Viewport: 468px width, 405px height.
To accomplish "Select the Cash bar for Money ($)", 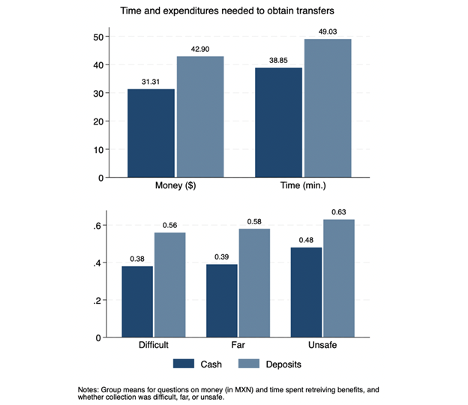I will click(151, 133).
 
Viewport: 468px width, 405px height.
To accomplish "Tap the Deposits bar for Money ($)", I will click(199, 117).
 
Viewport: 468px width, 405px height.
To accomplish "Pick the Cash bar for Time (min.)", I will click(278, 123).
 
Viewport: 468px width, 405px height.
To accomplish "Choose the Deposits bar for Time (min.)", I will click(328, 108).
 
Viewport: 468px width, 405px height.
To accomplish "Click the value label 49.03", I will click(328, 31).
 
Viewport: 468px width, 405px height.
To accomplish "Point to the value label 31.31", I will click(151, 82).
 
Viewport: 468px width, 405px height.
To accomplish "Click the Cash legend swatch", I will click(184, 363).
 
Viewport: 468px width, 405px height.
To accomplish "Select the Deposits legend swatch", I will click(250, 363).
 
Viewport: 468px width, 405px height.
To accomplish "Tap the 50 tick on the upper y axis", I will click(98, 37).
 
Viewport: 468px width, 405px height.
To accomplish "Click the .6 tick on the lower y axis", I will click(100, 226).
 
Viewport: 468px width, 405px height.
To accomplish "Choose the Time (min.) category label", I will click(303, 184).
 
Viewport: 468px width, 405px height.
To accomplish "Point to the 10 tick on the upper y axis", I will click(98, 149).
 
